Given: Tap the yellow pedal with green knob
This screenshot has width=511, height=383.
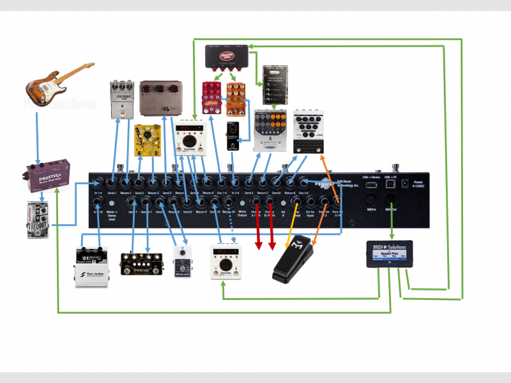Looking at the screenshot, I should (x=148, y=142).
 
